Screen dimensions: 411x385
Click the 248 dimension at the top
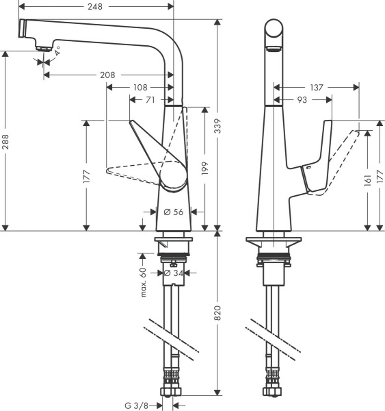95,6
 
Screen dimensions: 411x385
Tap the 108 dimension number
140,88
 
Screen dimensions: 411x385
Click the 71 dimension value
149,101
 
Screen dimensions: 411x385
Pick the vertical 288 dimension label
5,140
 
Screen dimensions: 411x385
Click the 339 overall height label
218,123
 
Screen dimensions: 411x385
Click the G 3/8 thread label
137,405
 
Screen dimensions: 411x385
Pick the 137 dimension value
315,88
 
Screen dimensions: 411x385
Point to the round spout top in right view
274,32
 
